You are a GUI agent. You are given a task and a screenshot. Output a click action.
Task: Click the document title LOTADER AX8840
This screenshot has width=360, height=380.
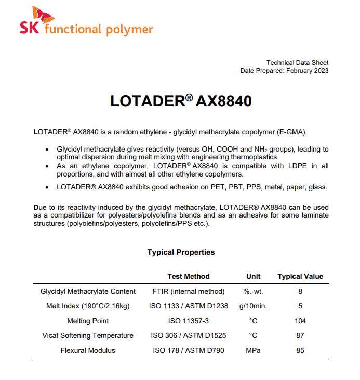(181, 101)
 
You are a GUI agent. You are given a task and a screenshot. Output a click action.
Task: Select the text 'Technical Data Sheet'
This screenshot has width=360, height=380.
(297, 62)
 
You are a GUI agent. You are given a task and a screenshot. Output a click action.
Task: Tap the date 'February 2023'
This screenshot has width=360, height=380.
(307, 71)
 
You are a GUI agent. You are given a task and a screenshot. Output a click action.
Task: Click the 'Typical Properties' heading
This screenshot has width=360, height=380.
(181, 252)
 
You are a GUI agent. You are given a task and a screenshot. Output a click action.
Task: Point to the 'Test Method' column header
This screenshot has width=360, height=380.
(189, 276)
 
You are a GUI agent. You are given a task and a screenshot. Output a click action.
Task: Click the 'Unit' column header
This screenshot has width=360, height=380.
(253, 276)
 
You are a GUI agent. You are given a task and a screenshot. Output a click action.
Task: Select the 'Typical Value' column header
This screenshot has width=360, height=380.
(300, 276)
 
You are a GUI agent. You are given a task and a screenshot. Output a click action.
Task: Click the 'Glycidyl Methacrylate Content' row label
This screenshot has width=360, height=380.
(88, 291)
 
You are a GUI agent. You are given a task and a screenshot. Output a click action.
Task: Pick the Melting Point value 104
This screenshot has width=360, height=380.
(300, 321)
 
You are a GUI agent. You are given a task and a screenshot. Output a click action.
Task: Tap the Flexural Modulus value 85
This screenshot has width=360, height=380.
(300, 350)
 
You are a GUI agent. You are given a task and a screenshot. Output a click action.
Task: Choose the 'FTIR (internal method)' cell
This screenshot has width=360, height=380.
(189, 291)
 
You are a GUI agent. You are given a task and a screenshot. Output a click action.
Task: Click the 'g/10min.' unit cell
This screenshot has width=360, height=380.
(253, 306)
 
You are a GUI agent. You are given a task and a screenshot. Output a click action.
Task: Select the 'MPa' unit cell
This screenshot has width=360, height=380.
(253, 350)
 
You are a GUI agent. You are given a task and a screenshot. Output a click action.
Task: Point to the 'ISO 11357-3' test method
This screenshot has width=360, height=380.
(189, 321)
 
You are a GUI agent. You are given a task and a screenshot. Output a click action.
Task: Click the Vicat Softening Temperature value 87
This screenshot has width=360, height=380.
(300, 335)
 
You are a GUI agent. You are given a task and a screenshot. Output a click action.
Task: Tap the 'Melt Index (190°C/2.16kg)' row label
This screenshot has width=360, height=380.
(88, 306)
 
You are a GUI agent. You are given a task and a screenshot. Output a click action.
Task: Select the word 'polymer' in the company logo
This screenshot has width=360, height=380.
(129, 30)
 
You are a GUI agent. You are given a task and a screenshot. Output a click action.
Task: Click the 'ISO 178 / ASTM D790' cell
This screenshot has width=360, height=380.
(189, 350)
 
